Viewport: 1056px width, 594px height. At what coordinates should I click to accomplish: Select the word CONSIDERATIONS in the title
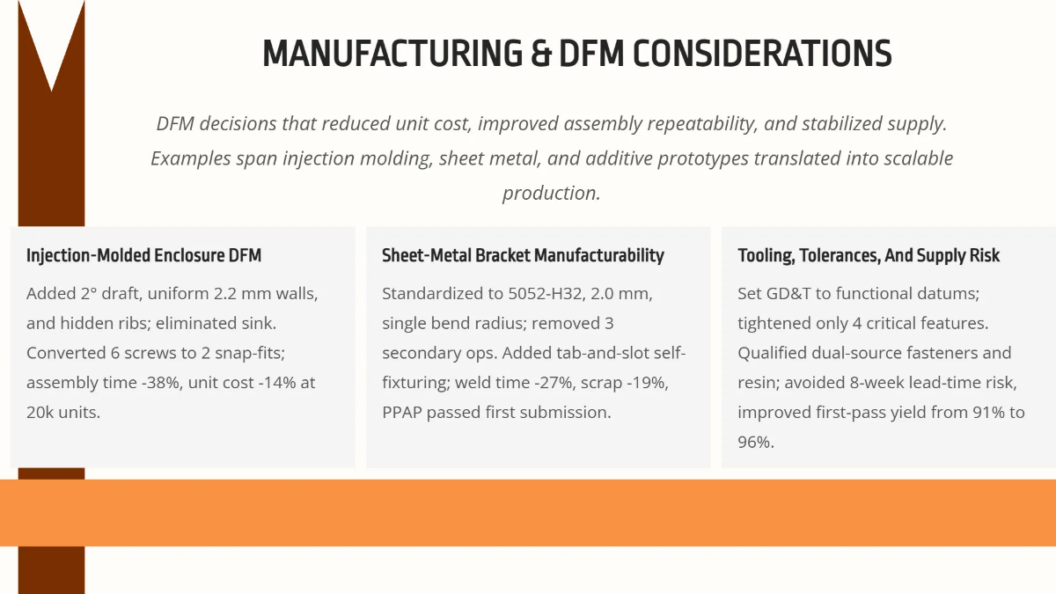(763, 54)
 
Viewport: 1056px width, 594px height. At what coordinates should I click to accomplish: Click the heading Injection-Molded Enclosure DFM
(143, 256)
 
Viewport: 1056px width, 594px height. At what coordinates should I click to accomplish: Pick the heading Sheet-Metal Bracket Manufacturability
(523, 256)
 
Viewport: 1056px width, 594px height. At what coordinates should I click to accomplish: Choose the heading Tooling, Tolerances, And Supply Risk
(869, 256)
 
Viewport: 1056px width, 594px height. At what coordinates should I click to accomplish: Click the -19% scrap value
(650, 383)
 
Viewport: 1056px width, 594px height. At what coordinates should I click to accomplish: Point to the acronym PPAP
(403, 412)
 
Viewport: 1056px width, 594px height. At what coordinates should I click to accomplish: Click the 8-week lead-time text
(889, 383)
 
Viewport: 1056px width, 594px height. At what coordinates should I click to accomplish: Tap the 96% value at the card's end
(754, 442)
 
